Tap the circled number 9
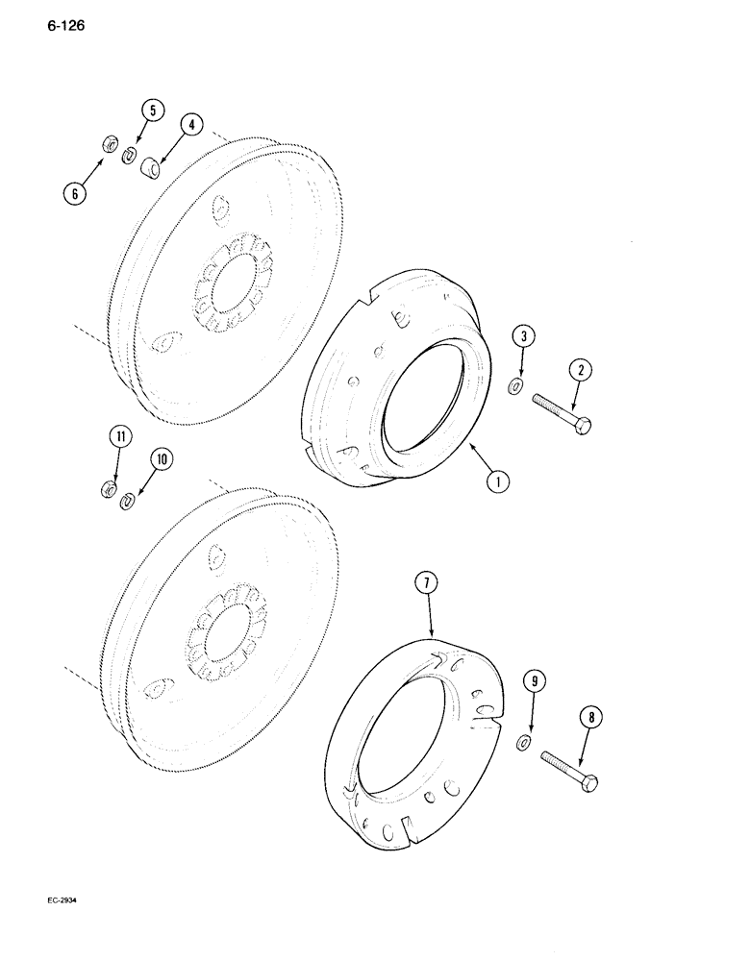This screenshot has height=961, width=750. click(x=537, y=683)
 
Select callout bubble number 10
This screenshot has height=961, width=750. click(x=160, y=460)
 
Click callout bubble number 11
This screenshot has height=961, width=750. click(x=119, y=438)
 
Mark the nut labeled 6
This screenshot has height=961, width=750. click(x=109, y=146)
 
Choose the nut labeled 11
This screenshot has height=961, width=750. click(x=109, y=491)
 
